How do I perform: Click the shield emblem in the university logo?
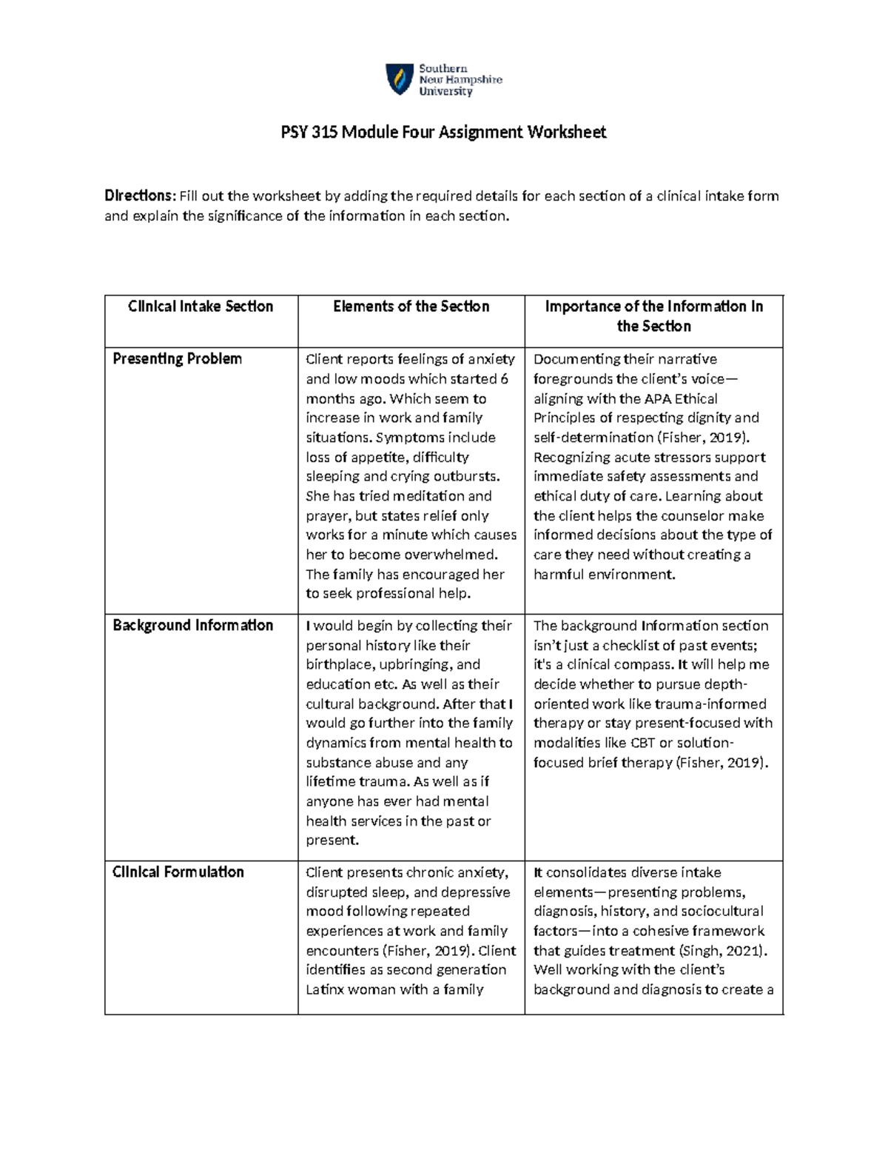point(400,79)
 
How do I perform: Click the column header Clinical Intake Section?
point(201,307)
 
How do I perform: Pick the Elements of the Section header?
point(411,307)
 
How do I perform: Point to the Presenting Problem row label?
point(177,359)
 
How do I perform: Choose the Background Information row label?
point(192,626)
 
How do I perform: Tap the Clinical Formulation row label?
point(178,872)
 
